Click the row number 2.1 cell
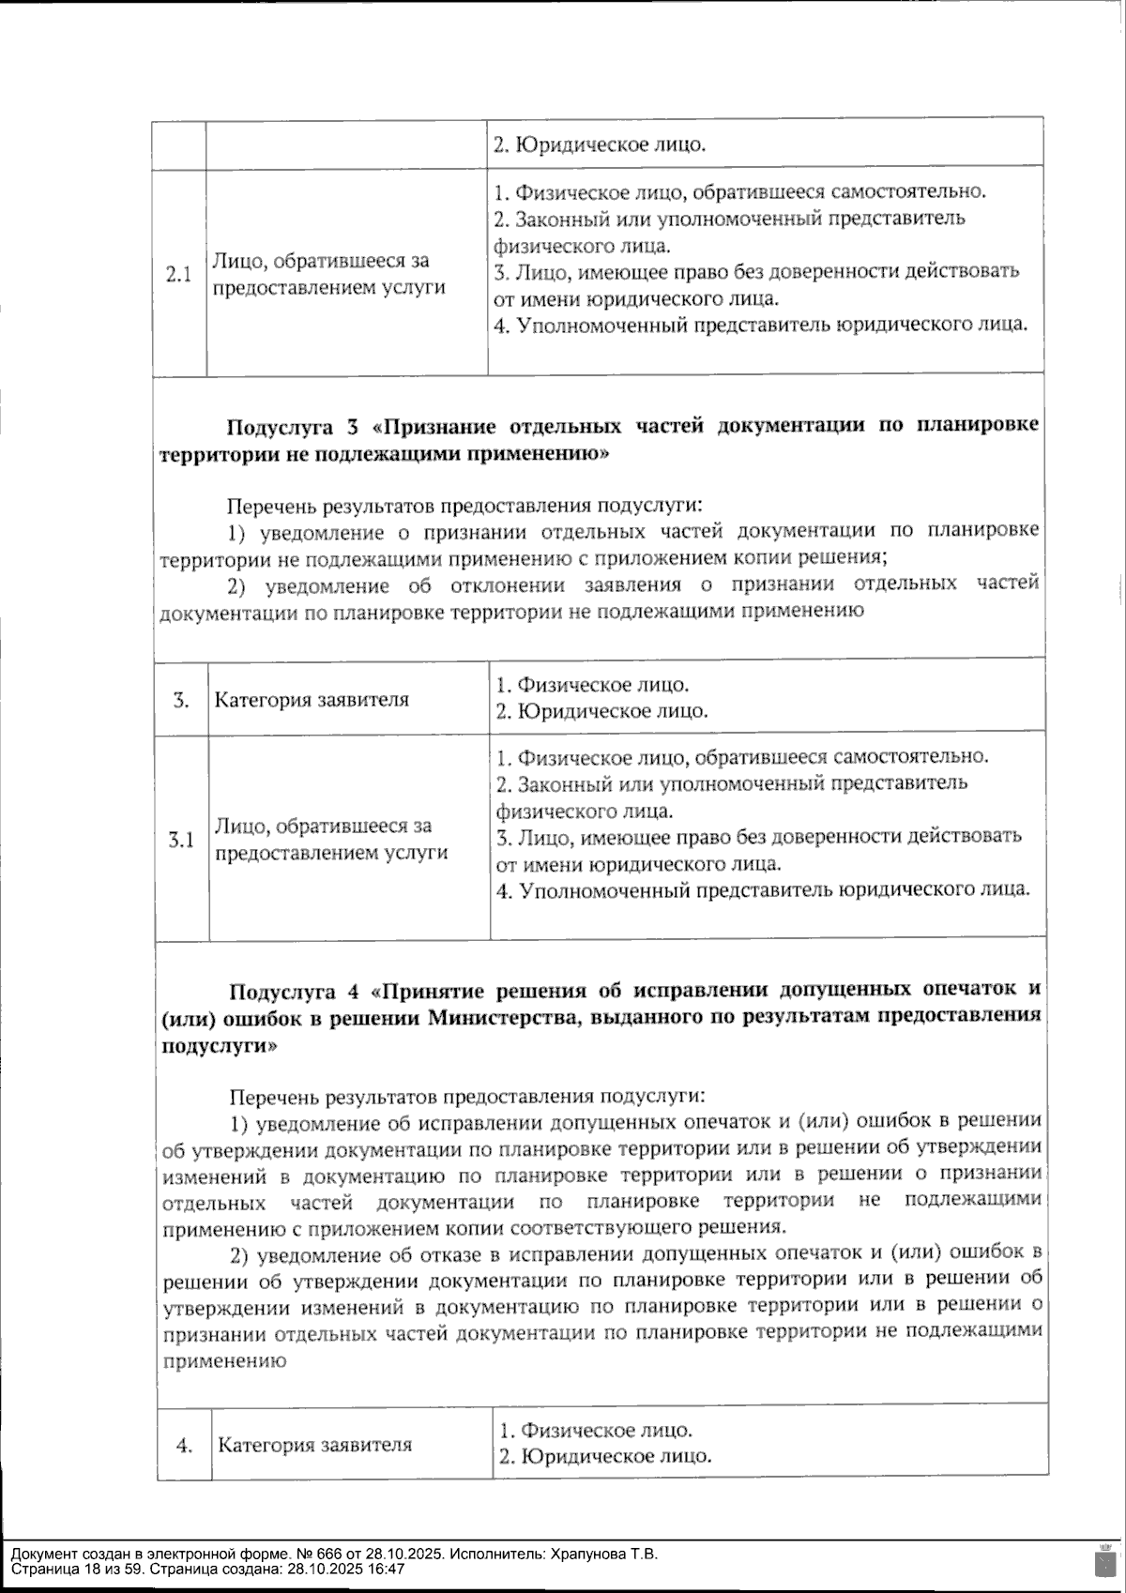pyautogui.click(x=178, y=274)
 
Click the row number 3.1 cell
pyautogui.click(x=181, y=839)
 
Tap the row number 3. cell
pyautogui.click(x=182, y=700)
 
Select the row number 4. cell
pyautogui.click(x=185, y=1445)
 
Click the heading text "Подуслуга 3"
pyautogui.click(x=293, y=427)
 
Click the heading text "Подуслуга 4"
pyautogui.click(x=296, y=991)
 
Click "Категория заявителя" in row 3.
pyautogui.click(x=312, y=700)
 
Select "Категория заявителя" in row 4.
pyautogui.click(x=314, y=1445)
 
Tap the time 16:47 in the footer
pyautogui.click(x=387, y=1569)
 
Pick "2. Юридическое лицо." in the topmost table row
pyautogui.click(x=600, y=145)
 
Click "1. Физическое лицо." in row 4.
pyautogui.click(x=596, y=1431)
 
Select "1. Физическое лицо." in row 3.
pyautogui.click(x=592, y=685)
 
